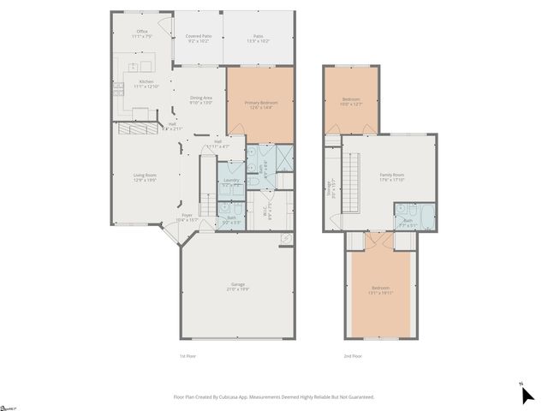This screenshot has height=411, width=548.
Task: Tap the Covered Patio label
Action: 199,39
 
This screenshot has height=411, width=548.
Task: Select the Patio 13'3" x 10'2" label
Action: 258,39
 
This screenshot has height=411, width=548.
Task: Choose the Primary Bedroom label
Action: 260,104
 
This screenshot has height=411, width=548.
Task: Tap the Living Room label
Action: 145,177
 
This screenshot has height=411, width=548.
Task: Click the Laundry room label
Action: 231,182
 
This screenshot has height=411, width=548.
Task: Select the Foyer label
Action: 187,217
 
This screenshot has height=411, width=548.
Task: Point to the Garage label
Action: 237,286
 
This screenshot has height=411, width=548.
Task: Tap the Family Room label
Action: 392,176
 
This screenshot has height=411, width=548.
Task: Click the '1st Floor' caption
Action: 188,355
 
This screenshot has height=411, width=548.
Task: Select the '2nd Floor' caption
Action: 353,355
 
